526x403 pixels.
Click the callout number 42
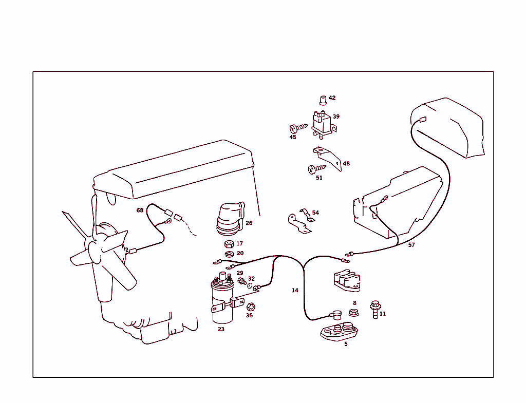click(x=332, y=98)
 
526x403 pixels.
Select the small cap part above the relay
click(x=323, y=100)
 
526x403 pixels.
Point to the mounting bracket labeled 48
click(x=328, y=156)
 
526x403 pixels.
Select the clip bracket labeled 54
click(x=300, y=221)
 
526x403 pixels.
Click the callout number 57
click(x=411, y=245)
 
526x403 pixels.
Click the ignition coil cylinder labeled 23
click(x=223, y=303)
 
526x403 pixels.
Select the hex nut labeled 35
click(x=251, y=307)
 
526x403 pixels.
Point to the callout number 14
click(x=295, y=291)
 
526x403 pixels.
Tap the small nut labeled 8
click(x=353, y=312)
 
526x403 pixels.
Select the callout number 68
click(x=140, y=210)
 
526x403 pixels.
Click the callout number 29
click(x=240, y=273)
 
